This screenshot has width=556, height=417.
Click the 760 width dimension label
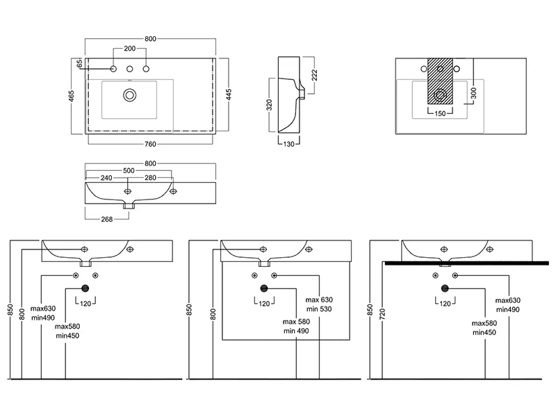(149, 144)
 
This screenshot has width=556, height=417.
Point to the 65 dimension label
(80, 63)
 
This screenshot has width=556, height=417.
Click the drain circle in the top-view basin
(129, 95)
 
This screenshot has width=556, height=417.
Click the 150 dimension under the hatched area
(440, 113)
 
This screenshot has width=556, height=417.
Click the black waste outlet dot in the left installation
(85, 288)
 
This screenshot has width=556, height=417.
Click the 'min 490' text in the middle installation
(296, 331)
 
